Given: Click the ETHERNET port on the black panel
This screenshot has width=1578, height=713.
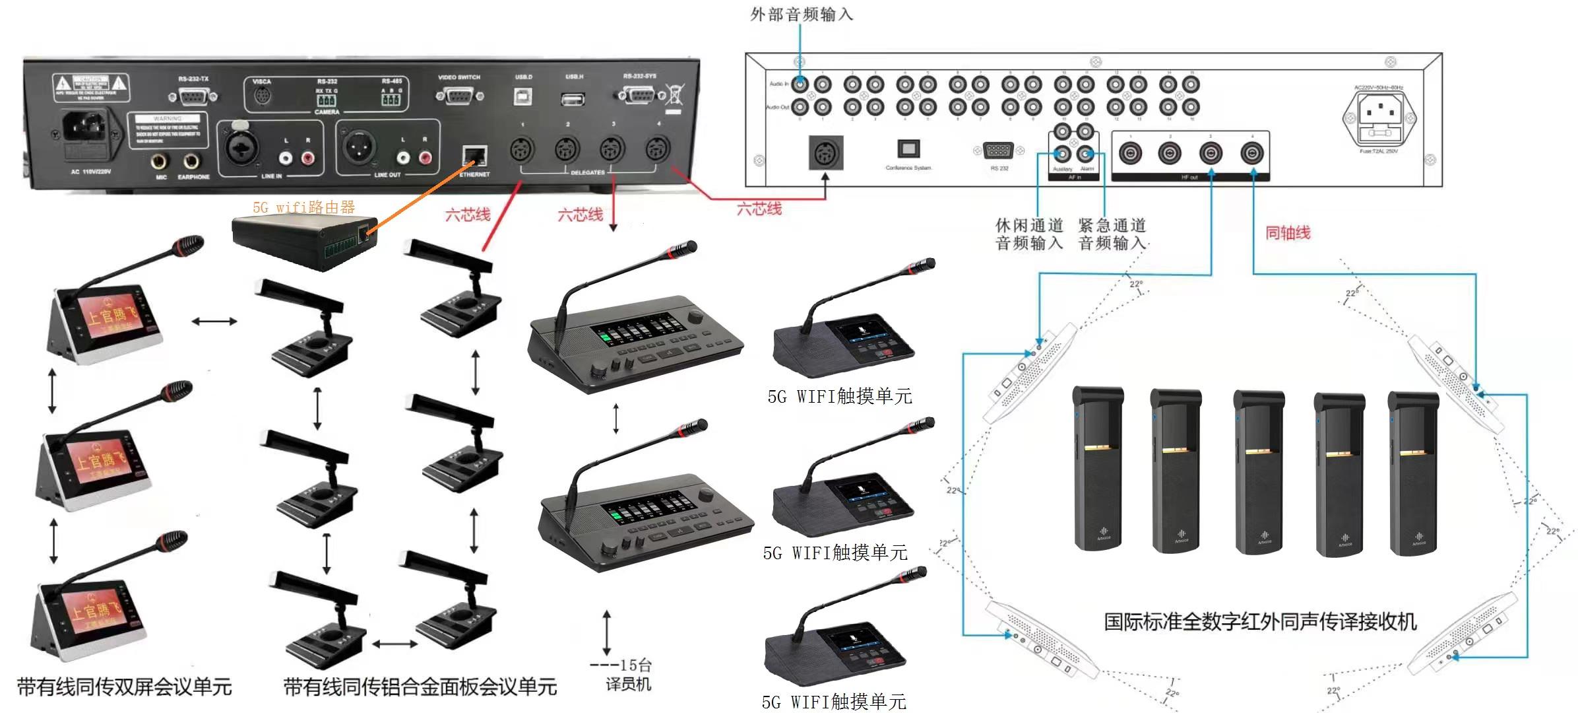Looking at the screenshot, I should [x=474, y=157].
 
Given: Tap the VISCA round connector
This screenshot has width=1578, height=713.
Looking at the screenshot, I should [x=262, y=96].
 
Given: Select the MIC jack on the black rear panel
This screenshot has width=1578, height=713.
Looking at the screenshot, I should [x=160, y=160].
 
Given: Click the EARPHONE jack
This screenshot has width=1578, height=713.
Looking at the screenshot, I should [x=192, y=160].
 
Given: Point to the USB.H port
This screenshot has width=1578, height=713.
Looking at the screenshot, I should [x=573, y=99].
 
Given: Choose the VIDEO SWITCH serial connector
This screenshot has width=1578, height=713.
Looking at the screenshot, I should [x=459, y=96].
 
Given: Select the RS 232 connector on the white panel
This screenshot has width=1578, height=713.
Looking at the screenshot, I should [x=998, y=151].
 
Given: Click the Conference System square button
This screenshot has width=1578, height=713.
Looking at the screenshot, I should [x=908, y=148].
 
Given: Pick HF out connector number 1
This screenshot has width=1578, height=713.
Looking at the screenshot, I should [x=1130, y=154].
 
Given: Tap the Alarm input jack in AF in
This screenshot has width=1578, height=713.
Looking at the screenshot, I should [x=1086, y=154].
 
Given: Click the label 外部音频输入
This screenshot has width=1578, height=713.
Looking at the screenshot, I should [x=802, y=15].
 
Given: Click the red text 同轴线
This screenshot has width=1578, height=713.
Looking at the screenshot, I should [x=1287, y=232].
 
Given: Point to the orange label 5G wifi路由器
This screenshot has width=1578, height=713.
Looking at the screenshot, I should [x=303, y=207].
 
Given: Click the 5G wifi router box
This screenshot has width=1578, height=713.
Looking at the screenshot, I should [x=304, y=240].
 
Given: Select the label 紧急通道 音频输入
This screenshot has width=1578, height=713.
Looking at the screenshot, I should [x=1112, y=234].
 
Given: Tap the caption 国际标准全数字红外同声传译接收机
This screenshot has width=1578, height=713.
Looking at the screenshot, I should [x=1260, y=621].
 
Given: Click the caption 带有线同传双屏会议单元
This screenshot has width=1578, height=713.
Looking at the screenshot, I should [x=125, y=687].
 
